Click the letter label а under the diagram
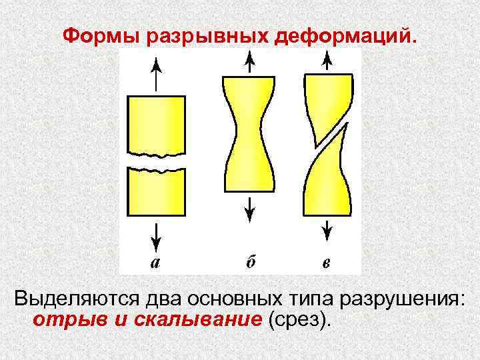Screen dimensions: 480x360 (155, 262)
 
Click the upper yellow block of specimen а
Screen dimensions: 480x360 (155, 124)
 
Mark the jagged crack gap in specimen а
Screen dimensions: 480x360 (155, 163)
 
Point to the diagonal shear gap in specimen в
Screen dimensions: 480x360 (327, 137)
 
